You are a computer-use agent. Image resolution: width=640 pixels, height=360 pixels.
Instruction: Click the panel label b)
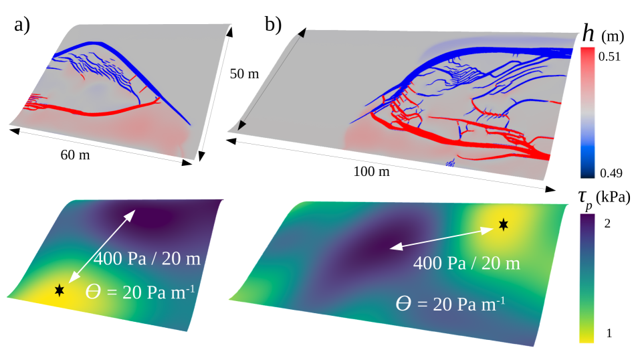[x=273, y=26]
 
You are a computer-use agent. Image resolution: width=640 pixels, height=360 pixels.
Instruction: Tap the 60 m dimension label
[x=75, y=156]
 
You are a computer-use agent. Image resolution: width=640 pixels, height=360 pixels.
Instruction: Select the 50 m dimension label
[x=243, y=74]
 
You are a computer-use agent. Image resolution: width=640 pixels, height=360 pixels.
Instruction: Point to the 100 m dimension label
[x=371, y=172]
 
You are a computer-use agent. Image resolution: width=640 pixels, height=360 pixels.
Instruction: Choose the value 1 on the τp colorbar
[x=607, y=333]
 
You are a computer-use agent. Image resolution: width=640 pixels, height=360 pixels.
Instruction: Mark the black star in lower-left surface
[x=60, y=290]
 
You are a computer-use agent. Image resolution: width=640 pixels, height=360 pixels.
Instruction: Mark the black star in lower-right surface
[x=503, y=224]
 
